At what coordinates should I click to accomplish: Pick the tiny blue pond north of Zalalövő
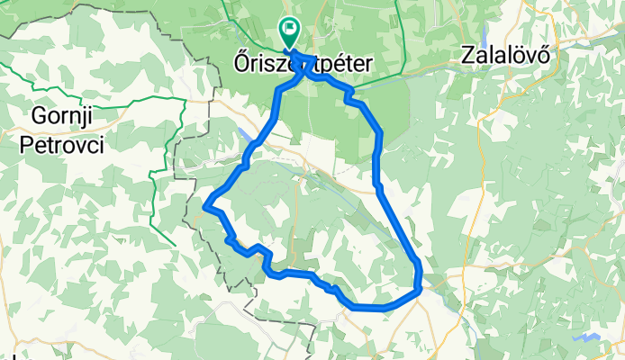pos(533,16)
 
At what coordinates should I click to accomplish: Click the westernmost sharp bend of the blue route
pos(208,206)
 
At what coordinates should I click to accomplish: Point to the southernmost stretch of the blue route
pos(369,308)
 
